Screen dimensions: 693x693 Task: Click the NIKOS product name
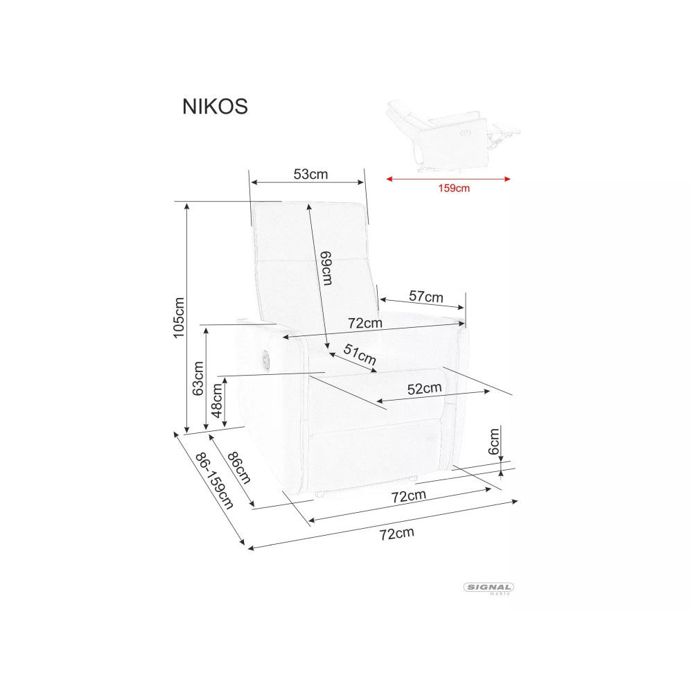pos(215,107)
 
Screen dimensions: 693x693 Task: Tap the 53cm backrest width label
pos(310,174)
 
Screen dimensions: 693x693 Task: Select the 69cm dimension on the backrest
pos(326,268)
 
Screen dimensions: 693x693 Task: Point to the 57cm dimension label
pos(426,296)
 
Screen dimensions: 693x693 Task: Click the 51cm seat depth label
pos(360,354)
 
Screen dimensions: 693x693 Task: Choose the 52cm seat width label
pos(424,389)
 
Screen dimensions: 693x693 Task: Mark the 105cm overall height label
pos(179,318)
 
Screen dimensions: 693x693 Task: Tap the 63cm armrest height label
pos(198,378)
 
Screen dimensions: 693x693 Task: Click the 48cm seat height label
pos(217,401)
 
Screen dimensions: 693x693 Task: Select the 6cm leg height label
pos(493,441)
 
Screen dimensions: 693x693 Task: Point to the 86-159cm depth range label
pos(214,481)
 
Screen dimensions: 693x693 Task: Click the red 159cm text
pos(454,188)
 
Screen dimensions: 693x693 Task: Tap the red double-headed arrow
pos(448,179)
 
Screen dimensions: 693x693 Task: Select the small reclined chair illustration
pos(453,136)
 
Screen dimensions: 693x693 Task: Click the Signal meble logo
pos(489,588)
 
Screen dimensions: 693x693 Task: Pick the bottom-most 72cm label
pos(397,534)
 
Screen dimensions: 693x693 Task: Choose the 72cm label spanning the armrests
pos(365,323)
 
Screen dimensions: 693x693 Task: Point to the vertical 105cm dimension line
pos(187,318)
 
